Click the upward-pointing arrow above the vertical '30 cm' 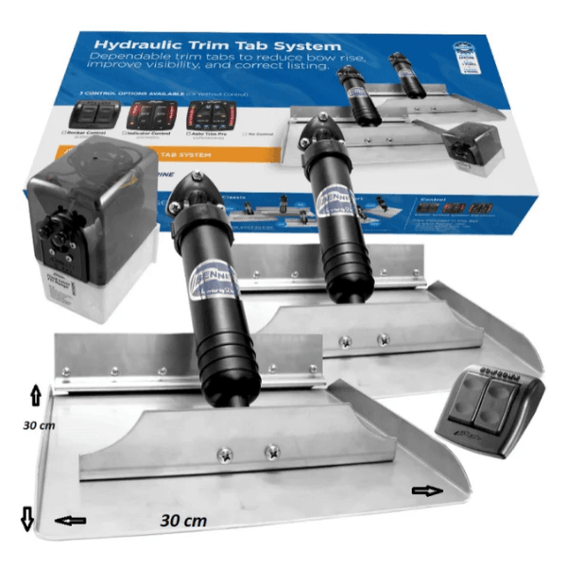(35, 395)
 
